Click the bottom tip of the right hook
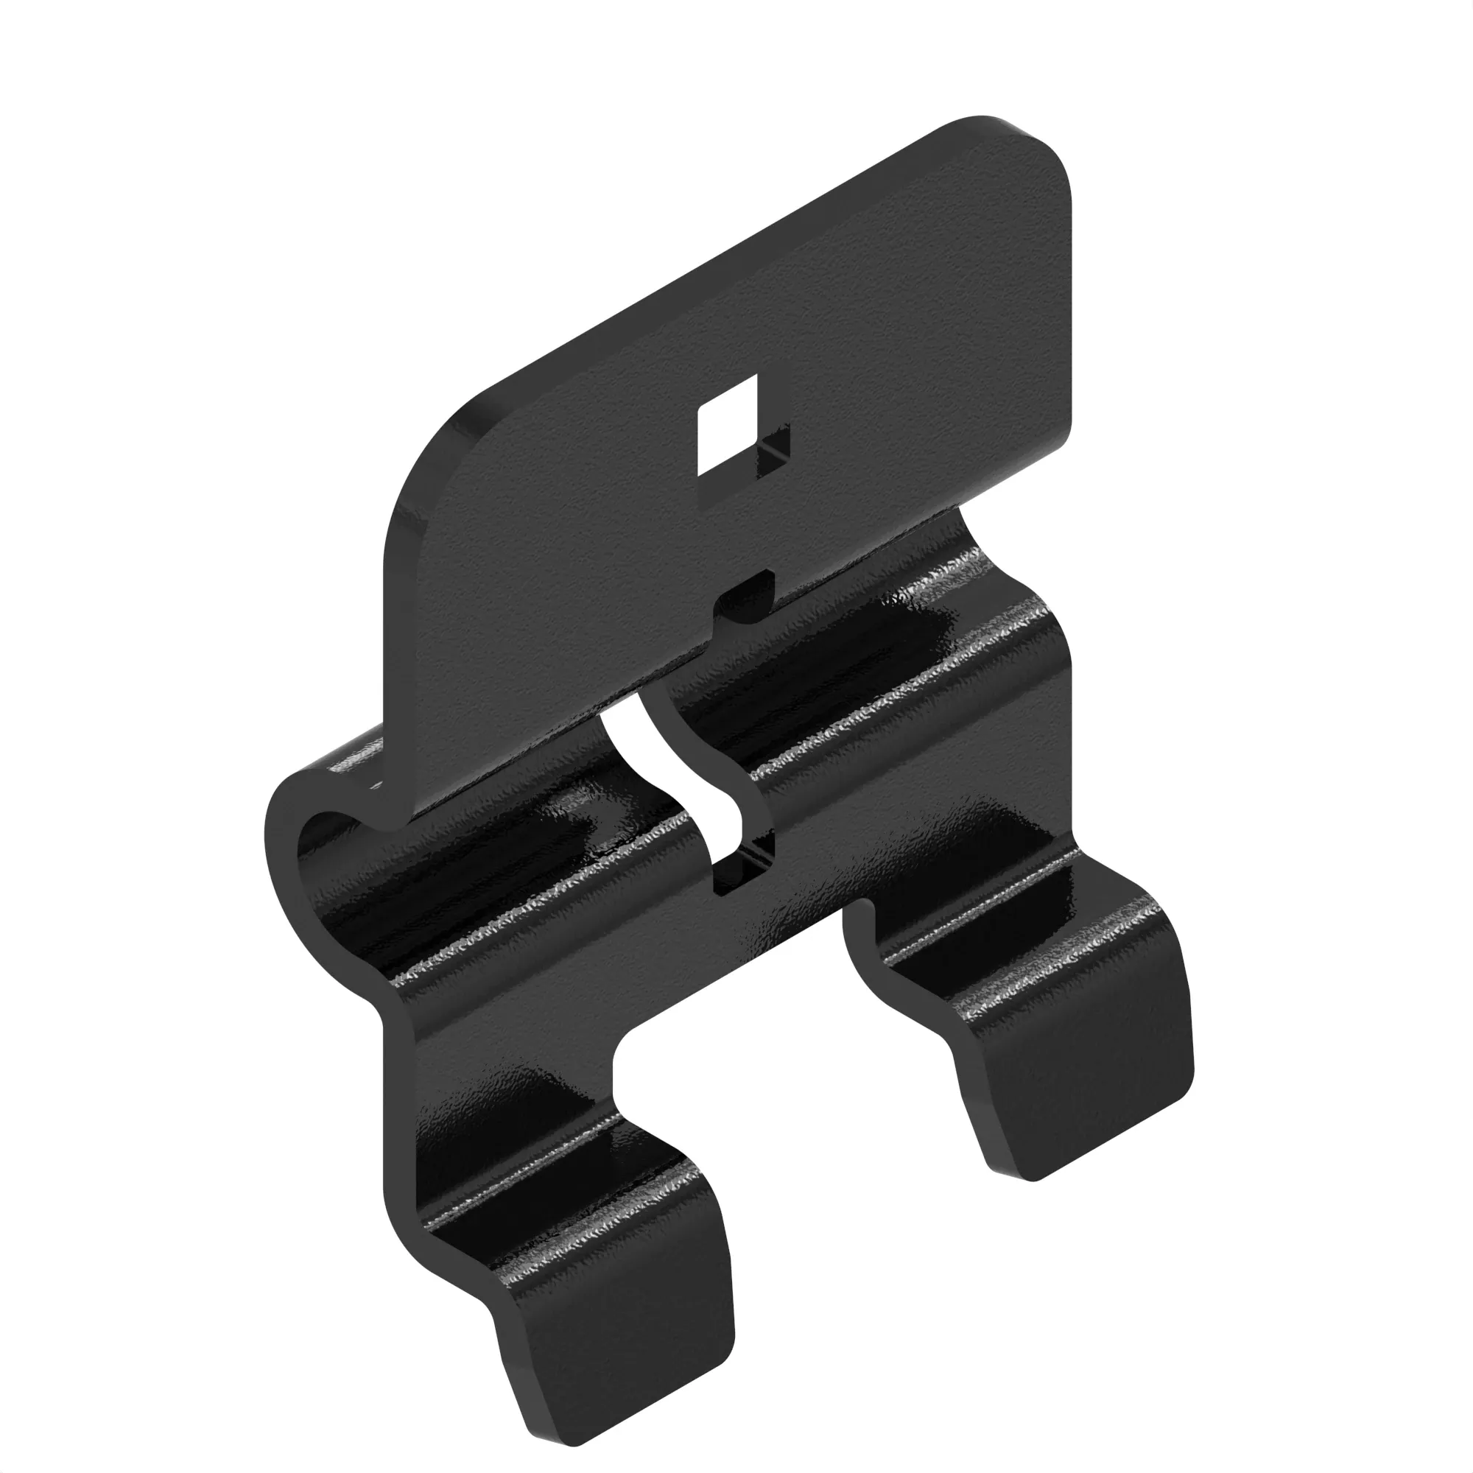click(x=1030, y=1178)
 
